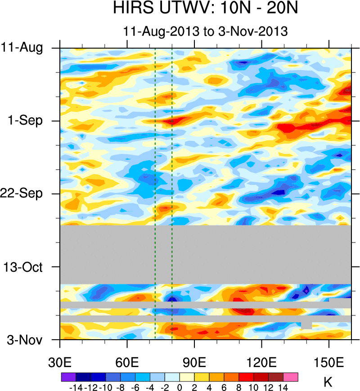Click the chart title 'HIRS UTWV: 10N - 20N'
tap(205, 9)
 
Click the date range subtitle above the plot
tap(205, 31)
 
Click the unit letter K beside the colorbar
tap(328, 383)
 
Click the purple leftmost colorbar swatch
tap(68, 377)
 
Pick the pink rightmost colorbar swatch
tap(291, 377)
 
